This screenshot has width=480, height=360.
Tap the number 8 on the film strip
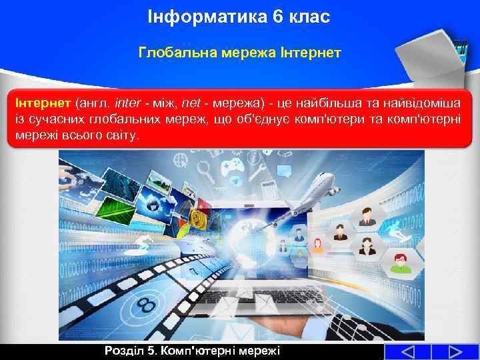coord(145,305)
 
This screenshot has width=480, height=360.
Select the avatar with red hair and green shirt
coord(400,263)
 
